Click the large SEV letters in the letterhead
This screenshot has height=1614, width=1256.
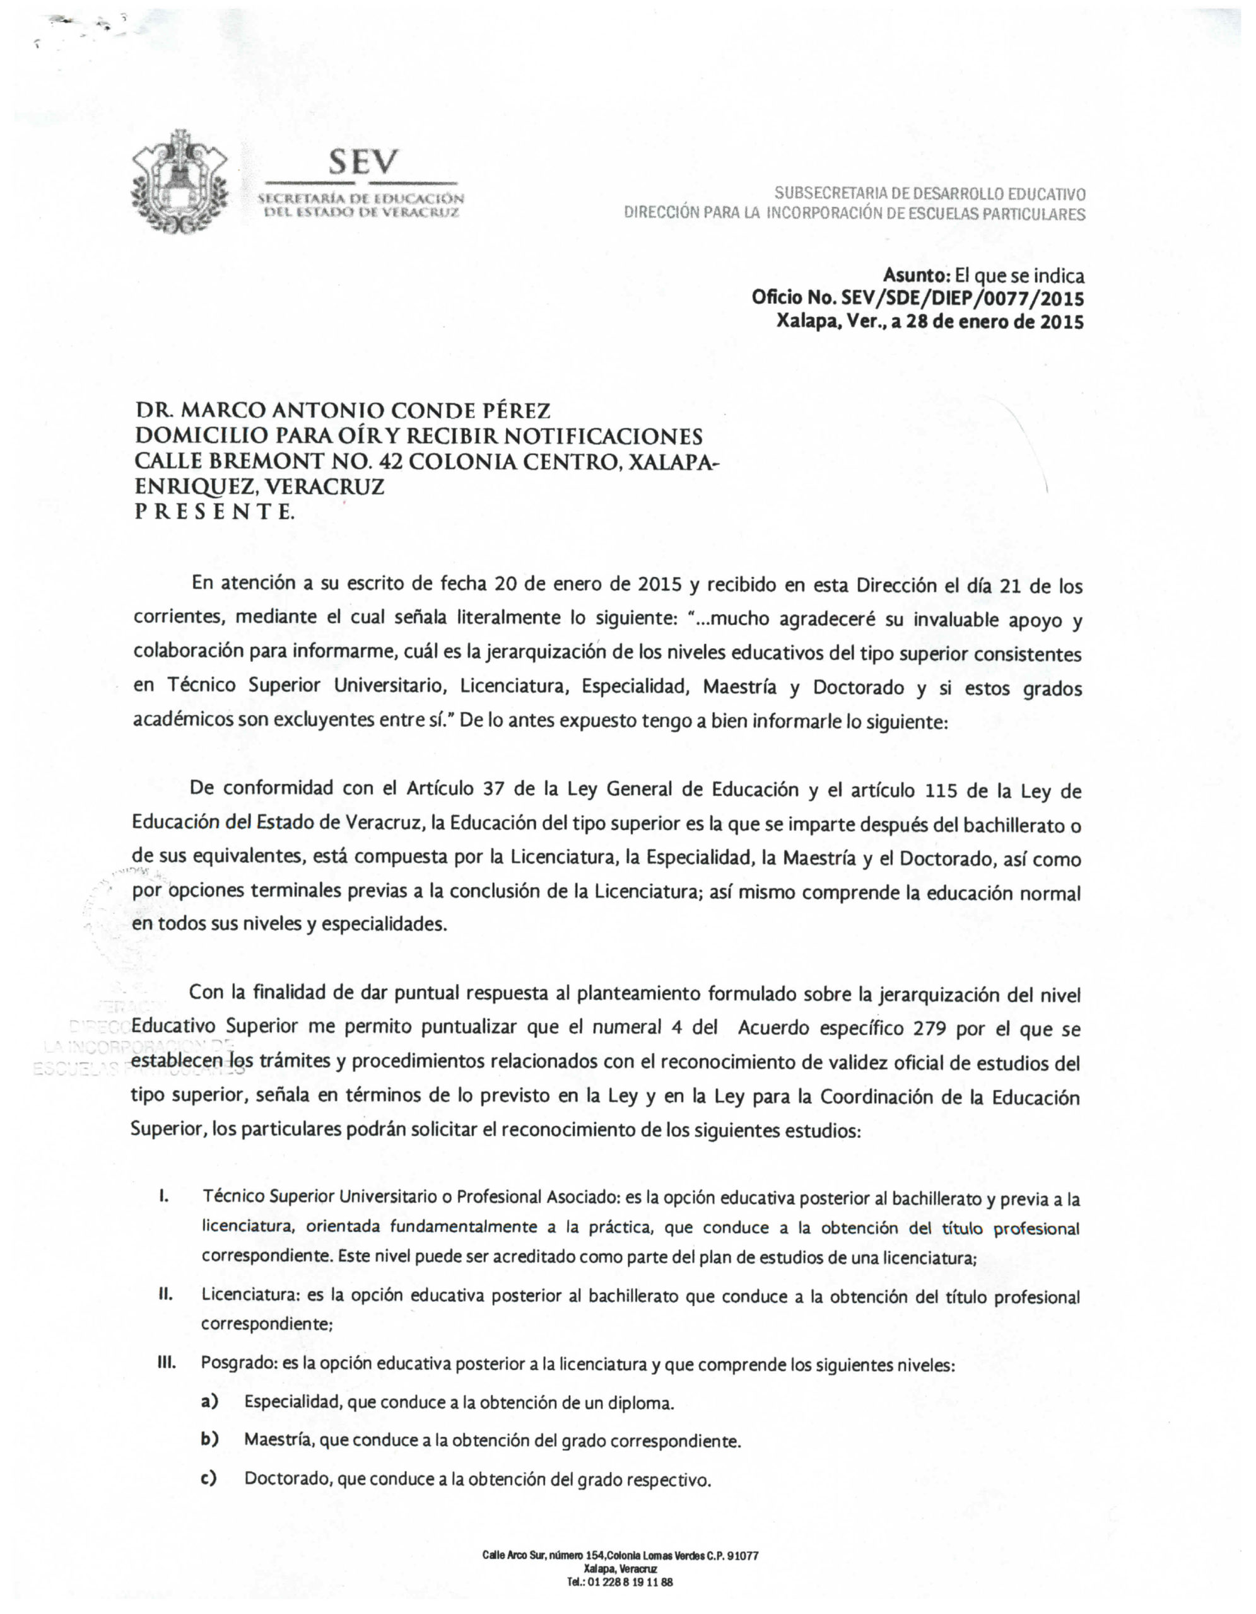[x=363, y=162]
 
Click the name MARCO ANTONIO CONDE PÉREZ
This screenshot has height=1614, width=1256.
[x=365, y=410]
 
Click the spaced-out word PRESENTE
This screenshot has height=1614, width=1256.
[x=214, y=511]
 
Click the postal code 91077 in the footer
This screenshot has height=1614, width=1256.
[x=742, y=1555]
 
